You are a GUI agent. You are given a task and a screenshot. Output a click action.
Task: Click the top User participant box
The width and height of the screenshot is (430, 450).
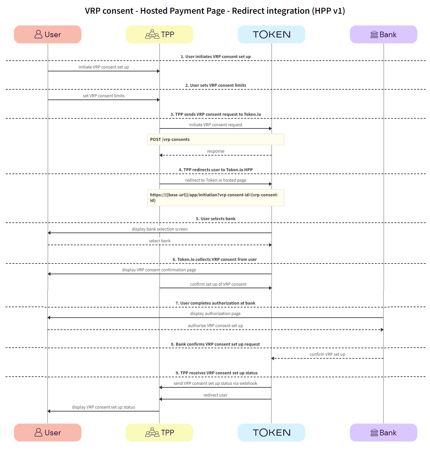[48, 35]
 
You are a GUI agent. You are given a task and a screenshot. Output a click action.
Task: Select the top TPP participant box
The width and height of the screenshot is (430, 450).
[159, 35]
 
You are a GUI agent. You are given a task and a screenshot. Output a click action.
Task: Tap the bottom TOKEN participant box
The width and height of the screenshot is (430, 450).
[271, 432]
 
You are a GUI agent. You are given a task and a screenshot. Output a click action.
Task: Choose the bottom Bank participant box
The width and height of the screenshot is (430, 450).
[383, 432]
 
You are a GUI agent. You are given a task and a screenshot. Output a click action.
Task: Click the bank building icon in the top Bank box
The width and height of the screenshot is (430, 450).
[374, 35]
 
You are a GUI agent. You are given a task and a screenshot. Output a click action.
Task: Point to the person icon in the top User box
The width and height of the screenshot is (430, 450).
[38, 35]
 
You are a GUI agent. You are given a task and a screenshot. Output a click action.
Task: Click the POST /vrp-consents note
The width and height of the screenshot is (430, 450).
[215, 140]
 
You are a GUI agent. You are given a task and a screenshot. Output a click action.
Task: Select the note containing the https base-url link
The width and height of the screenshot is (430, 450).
[215, 198]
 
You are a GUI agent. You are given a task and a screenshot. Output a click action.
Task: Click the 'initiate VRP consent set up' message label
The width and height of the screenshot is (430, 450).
[104, 67]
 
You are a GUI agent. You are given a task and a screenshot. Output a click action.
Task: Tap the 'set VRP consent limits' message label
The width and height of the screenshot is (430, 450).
[104, 96]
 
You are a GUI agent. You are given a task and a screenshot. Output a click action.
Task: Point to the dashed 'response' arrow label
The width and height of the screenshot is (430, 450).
[216, 151]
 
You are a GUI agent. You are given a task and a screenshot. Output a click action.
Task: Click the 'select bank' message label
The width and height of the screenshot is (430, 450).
[160, 241]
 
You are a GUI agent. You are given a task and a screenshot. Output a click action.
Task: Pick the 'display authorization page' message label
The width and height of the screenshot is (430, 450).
[215, 314]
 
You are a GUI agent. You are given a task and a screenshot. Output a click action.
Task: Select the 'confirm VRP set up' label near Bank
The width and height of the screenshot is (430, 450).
[327, 354]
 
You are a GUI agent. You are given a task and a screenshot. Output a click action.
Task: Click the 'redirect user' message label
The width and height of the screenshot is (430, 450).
[215, 395]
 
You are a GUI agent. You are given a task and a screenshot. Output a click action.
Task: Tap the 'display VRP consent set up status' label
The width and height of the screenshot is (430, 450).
[103, 407]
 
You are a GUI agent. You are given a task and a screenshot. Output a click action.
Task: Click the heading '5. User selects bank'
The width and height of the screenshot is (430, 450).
[216, 219]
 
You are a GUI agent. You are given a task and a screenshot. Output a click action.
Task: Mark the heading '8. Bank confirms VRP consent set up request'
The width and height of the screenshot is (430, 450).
[215, 344]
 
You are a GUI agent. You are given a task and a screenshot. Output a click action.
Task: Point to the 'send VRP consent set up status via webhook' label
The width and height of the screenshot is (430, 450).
[215, 383]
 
